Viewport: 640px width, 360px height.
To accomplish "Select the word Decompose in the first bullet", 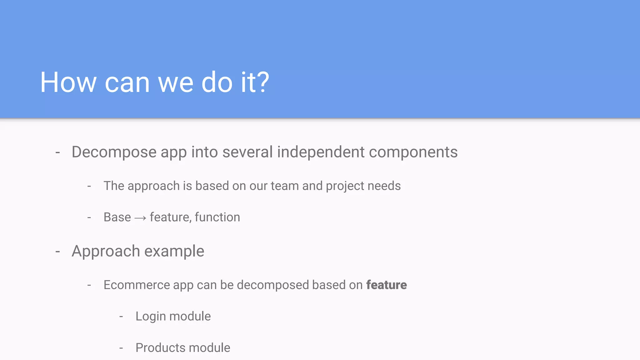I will [114, 152].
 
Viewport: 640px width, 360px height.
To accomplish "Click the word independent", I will [321, 152].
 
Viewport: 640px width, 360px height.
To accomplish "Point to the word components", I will [413, 152].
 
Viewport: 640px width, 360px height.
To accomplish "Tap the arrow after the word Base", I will [140, 218].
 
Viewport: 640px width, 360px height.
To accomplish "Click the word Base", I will [117, 217].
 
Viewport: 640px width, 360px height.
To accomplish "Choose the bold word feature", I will [386, 285].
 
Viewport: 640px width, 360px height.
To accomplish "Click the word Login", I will [151, 317].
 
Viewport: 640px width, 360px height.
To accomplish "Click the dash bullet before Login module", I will [121, 317].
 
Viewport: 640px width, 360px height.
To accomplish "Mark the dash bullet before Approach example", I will [57, 252].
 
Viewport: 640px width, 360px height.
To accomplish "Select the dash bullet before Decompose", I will [57, 153].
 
